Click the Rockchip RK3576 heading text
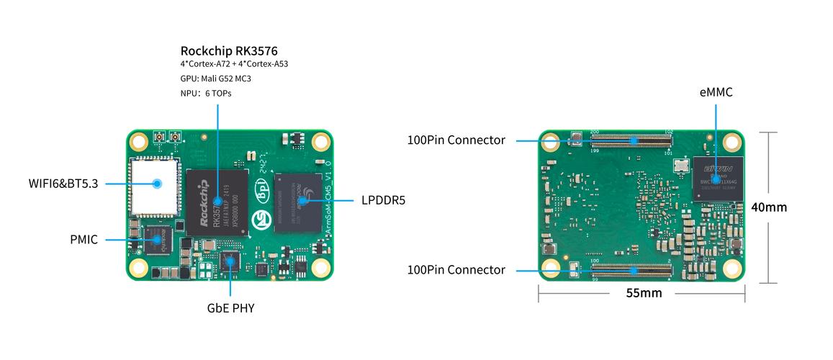[228, 50]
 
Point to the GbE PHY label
[230, 308]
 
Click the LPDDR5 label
[383, 200]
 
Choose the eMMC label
[716, 92]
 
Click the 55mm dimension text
[644, 293]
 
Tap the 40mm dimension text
[768, 207]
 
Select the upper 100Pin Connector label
[456, 140]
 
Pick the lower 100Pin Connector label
[456, 270]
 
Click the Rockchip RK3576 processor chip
[217, 202]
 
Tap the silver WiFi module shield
[153, 184]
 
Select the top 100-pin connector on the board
[631, 140]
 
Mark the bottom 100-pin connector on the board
[631, 271]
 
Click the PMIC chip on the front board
[156, 240]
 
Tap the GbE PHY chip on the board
[230, 263]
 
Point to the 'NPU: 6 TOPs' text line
[206, 94]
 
